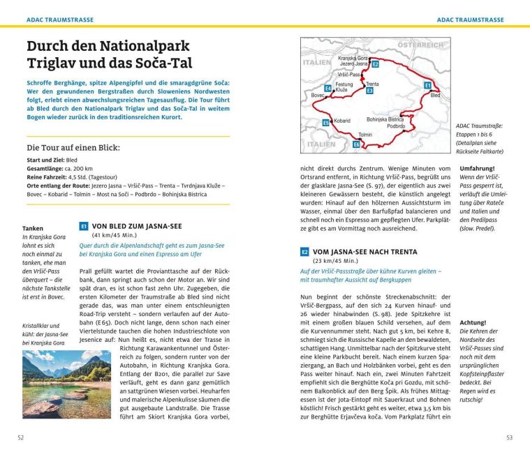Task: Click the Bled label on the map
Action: [435, 95]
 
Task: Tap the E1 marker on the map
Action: [427, 85]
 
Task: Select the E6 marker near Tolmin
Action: [356, 144]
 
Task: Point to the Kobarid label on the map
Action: [341, 121]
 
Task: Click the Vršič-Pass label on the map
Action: [349, 74]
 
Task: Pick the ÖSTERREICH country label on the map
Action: [420, 45]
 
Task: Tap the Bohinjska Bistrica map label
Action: [385, 119]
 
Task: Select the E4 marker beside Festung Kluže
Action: [328, 89]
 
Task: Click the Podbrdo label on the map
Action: [395, 126]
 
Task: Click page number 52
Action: [21, 437]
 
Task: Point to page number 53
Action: [508, 437]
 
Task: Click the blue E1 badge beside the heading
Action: [84, 226]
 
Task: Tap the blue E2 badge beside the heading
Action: [304, 252]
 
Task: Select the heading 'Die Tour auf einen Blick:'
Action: [73, 148]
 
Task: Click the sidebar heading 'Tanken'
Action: [33, 228]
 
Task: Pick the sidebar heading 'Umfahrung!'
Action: [477, 169]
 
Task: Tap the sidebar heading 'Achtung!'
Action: [473, 322]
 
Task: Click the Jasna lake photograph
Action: [66, 384]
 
